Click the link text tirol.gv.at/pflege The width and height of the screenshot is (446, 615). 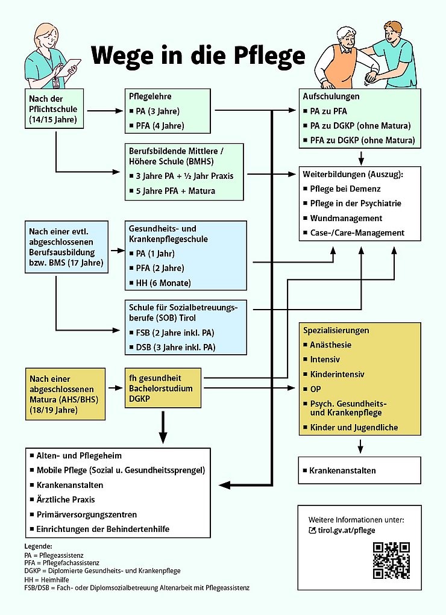[346, 530]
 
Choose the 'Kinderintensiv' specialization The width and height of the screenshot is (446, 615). [336, 374]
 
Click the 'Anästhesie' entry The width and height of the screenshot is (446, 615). [330, 345]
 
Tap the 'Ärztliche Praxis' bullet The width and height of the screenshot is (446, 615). [66, 499]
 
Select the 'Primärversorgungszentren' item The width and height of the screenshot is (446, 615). [86, 514]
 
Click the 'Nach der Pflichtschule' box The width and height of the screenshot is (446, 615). [54, 110]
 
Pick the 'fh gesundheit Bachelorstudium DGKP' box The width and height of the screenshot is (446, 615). [162, 387]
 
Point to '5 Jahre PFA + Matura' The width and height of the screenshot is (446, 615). [172, 191]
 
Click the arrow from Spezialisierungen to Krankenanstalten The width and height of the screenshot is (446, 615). [360, 446]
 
